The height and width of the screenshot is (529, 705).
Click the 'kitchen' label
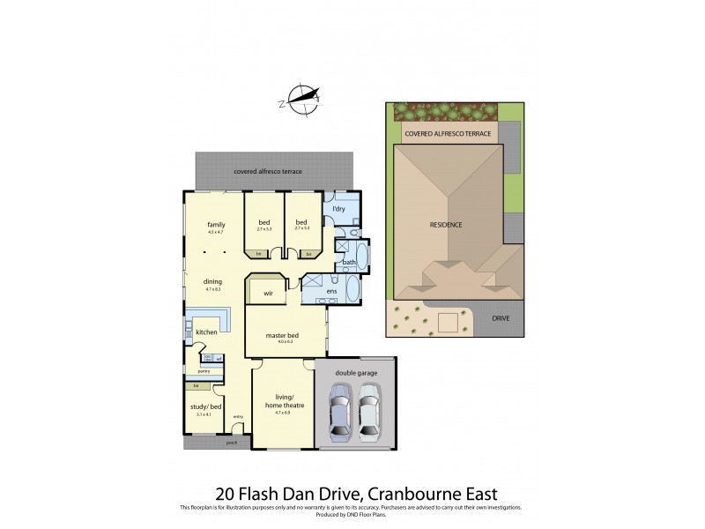[x=206, y=332]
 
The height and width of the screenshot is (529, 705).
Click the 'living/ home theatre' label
[x=282, y=402]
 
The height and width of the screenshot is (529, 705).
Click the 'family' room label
[x=216, y=224]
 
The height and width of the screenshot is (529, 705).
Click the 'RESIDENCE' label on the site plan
[x=446, y=225]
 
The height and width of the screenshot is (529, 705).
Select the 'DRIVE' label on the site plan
[x=501, y=318]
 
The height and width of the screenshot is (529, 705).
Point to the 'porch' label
[x=233, y=443]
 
